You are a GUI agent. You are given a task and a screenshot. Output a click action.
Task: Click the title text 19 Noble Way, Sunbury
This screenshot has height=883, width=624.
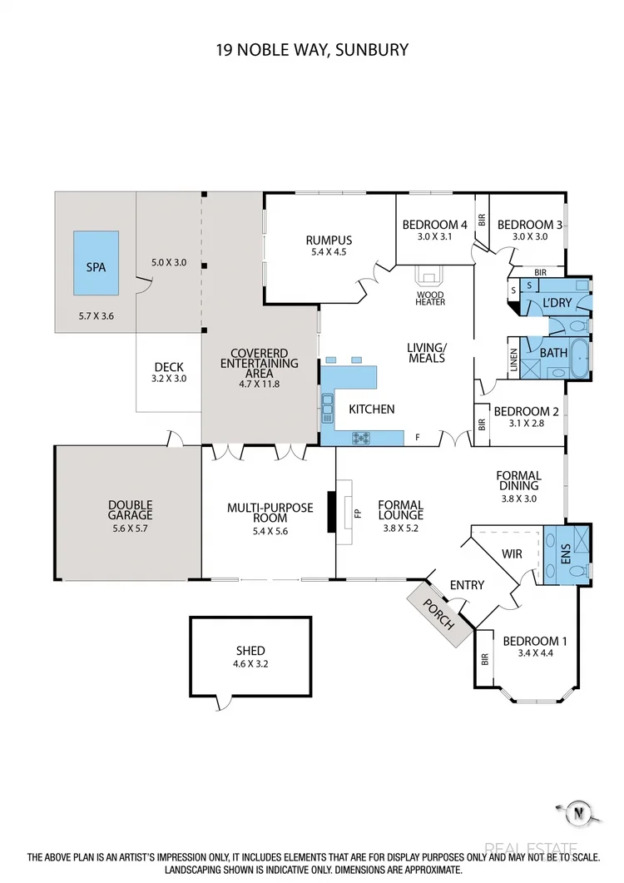pos(311,50)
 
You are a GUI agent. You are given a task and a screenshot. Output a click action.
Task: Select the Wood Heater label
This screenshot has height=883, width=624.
pos(430,298)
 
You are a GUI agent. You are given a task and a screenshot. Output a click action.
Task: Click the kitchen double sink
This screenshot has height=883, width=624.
pos(327,409)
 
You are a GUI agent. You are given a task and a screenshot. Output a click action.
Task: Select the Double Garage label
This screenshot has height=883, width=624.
pos(130,509)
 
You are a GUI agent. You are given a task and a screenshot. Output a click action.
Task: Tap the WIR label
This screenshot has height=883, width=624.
pos(513,553)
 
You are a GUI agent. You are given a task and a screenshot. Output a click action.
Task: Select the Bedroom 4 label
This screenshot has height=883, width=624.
pos(434,225)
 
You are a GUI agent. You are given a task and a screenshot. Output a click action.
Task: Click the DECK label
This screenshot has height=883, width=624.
pos(169,367)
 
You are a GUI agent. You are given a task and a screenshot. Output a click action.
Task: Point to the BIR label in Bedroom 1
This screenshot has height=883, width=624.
pos(484,659)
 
